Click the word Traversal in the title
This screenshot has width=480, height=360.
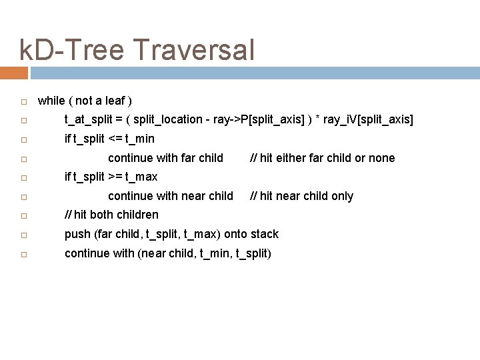pos(195,51)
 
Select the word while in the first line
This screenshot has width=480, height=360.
pos(51,101)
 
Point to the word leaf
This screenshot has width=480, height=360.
pos(113,101)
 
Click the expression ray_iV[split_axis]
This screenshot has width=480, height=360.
pos(371,120)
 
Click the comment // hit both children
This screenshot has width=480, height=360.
pos(111,215)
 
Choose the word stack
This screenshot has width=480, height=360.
pos(264,234)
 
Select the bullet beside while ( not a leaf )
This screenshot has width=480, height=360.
pos(23,101)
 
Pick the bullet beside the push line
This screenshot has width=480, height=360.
pos(23,235)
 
